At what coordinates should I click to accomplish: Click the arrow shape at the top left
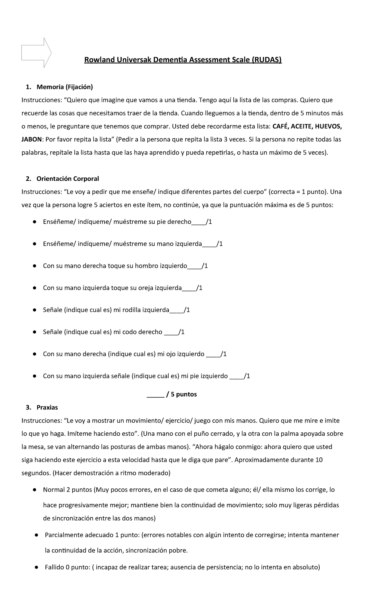tap(36, 53)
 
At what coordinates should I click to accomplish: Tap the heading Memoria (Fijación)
tap(65, 87)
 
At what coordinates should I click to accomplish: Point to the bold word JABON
tap(31, 140)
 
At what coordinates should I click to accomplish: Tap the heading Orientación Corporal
tap(68, 179)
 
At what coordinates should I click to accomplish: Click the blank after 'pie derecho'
tap(199, 222)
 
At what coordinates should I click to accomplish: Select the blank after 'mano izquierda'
tap(209, 244)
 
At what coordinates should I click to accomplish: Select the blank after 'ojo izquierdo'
tap(213, 354)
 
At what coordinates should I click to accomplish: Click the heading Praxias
tap(47, 407)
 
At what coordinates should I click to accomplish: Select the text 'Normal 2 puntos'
tap(67, 490)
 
